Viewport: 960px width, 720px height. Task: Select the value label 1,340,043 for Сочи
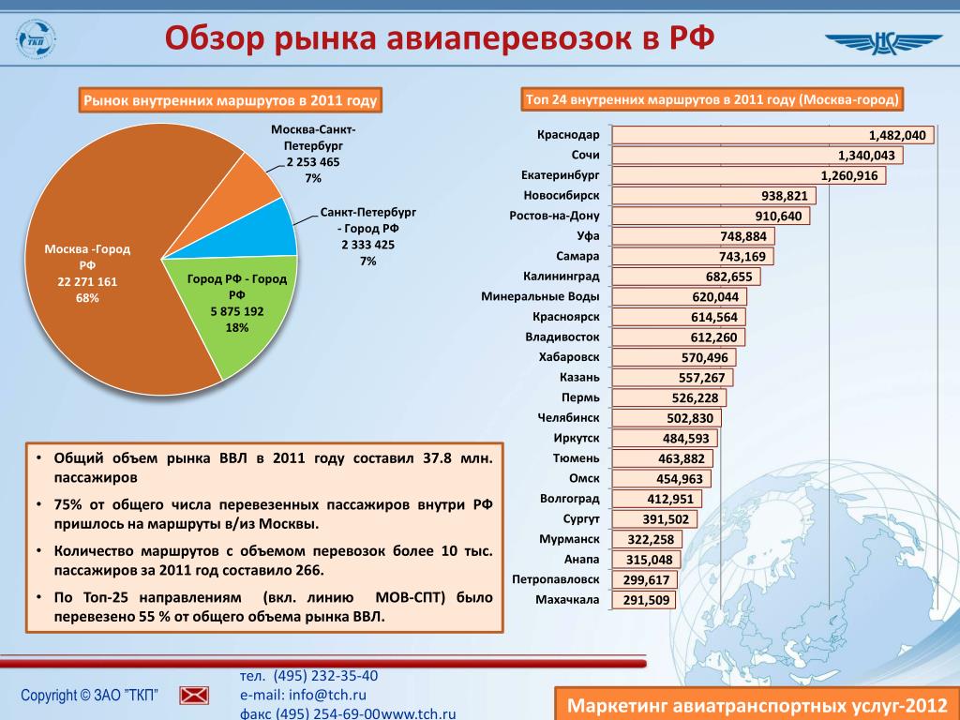coord(865,156)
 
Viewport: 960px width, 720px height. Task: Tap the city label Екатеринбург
coord(560,175)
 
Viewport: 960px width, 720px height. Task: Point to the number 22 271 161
coord(87,282)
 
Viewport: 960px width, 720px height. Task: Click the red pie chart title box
coord(230,99)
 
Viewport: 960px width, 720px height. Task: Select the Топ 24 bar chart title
coord(712,99)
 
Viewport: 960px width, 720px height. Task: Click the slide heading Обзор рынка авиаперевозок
coord(440,39)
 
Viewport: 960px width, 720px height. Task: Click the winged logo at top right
coord(883,42)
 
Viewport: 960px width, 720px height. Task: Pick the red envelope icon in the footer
coord(195,695)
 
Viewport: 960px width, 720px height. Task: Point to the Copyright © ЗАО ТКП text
coord(89,695)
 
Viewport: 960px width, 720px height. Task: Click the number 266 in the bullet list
coord(307,570)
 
